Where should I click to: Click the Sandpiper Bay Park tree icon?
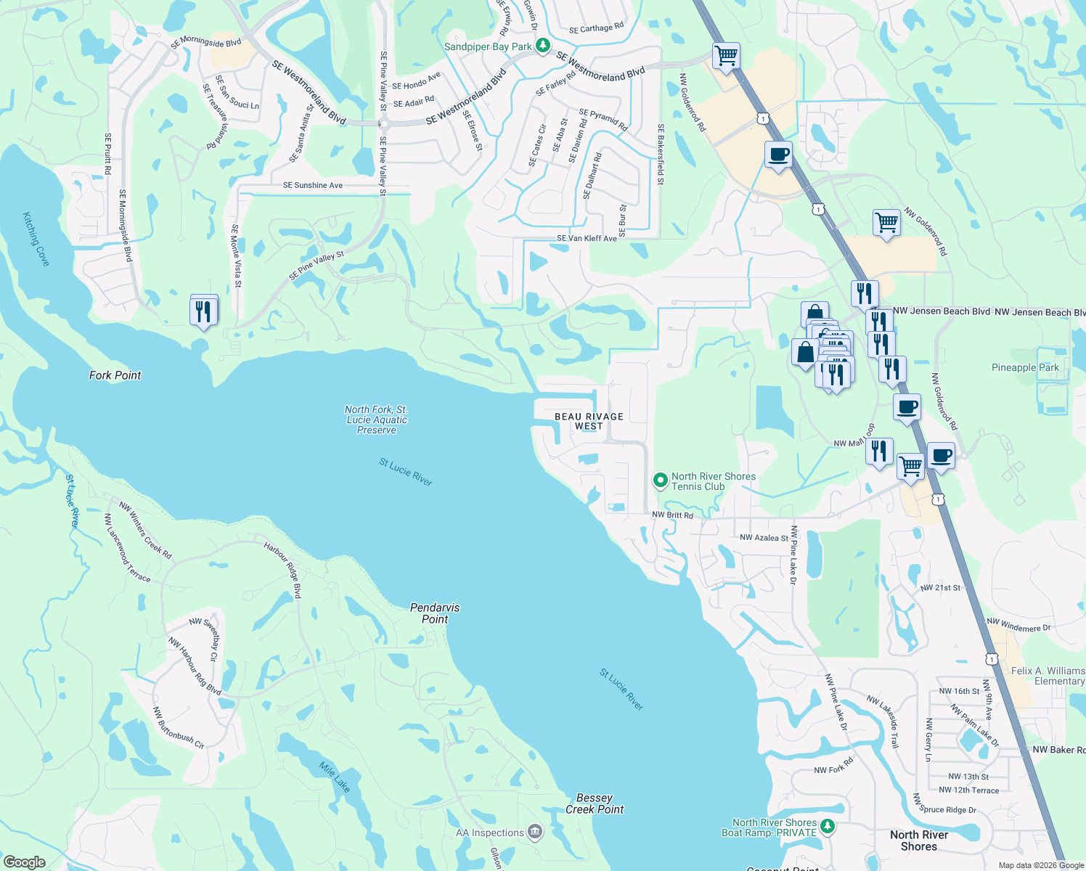pos(542,46)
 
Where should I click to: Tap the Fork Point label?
pos(115,375)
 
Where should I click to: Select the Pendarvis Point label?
pos(435,613)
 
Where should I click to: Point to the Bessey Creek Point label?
pos(595,803)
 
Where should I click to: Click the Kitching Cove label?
pos(36,239)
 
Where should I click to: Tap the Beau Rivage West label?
pos(589,422)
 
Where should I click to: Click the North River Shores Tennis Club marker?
pos(660,481)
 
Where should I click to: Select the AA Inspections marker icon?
pos(535,831)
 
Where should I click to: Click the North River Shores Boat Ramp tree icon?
pos(827,826)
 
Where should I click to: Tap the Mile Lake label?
pos(335,776)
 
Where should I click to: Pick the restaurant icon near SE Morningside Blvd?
pos(203,311)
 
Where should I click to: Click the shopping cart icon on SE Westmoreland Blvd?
pos(726,55)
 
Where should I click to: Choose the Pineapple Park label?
pos(1025,368)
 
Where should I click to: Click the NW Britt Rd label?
pos(672,515)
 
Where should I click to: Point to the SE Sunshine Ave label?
pos(313,186)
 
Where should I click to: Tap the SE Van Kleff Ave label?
pos(587,238)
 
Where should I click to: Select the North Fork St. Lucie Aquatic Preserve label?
pos(376,420)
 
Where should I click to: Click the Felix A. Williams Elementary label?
pos(1048,676)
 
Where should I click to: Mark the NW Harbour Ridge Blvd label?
pos(195,666)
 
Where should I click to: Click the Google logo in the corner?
pos(24,862)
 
